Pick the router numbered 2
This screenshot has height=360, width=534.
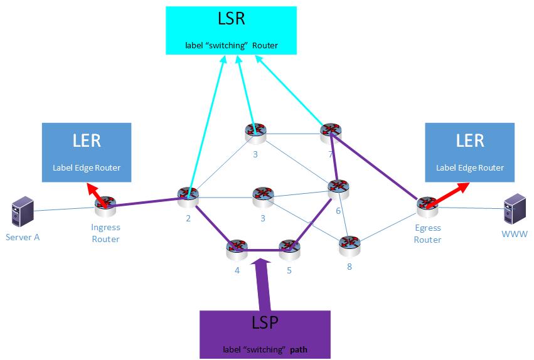[188, 197]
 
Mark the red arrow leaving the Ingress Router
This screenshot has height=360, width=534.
[95, 191]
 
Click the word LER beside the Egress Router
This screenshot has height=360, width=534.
[469, 140]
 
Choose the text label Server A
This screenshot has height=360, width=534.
[23, 237]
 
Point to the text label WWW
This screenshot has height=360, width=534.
[515, 234]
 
